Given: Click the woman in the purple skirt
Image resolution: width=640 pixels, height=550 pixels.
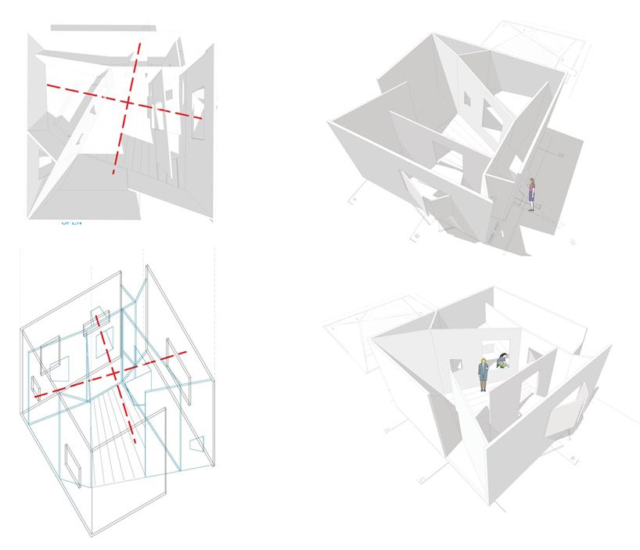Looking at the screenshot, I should pos(532,195).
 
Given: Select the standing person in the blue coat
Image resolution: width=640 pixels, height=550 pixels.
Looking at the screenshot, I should pos(484,374).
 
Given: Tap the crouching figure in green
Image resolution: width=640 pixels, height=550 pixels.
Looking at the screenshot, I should pos(503,361).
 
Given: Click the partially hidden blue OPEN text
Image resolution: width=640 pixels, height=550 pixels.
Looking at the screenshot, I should pos(71,222).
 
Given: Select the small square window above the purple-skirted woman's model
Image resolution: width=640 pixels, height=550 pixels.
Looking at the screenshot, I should pos(466,100).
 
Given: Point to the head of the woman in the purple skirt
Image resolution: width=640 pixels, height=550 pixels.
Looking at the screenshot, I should pos(532,182).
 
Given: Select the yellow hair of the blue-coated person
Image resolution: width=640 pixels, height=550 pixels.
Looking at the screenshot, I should pos(484,361).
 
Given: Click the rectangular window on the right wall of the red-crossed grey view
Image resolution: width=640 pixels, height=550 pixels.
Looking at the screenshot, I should pos(197,113).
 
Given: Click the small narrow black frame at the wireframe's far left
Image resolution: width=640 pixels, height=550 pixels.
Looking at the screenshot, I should pos(35,387).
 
